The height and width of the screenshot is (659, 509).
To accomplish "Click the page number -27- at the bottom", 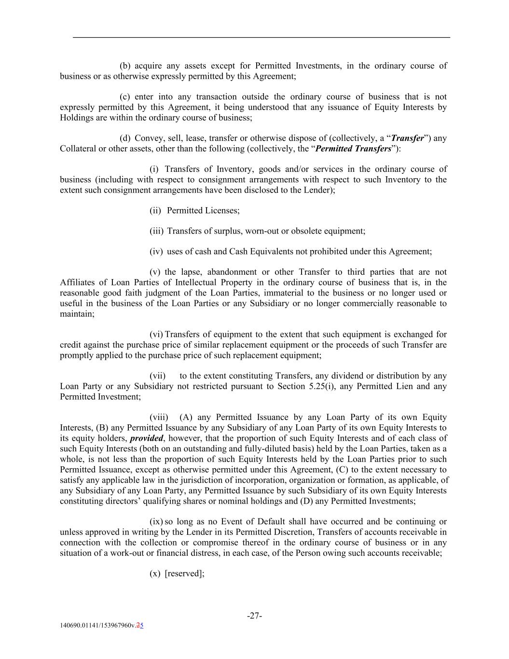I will (254, 616).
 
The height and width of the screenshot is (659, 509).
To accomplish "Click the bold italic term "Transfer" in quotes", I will (408, 138).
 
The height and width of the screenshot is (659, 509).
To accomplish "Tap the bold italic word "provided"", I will (147, 438).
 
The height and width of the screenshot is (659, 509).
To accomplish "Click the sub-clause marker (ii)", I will (155, 210).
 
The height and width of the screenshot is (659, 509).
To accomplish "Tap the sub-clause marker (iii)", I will (156, 231).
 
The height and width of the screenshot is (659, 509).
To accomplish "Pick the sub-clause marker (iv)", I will (156, 252).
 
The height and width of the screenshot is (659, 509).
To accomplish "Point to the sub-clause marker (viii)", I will (159, 417).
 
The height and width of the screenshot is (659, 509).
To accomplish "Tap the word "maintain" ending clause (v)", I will (77, 314).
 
